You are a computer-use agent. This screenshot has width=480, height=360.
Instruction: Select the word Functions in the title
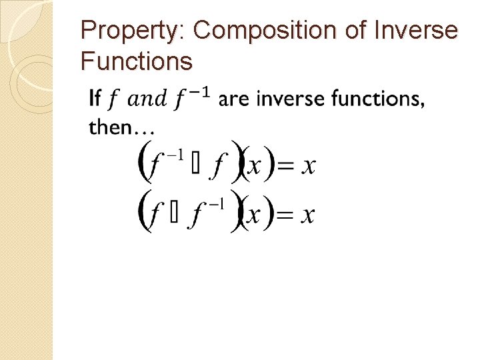tap(137, 62)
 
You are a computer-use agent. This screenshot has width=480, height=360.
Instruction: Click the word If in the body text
tap(95, 99)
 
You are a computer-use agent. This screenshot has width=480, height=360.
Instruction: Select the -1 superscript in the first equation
tap(175, 155)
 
